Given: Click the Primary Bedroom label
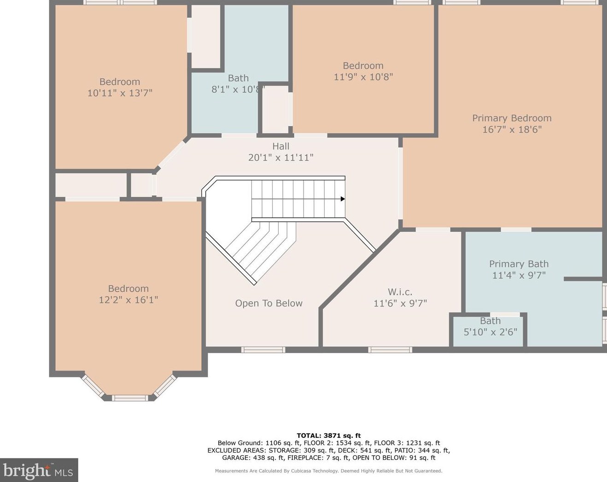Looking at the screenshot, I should click(x=512, y=118).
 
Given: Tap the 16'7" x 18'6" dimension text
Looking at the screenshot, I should click(x=512, y=129).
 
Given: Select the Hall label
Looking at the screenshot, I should click(x=280, y=146).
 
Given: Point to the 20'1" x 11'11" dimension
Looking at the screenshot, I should click(x=280, y=158).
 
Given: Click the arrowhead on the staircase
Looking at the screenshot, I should click(x=343, y=199).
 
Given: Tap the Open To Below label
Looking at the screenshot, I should click(x=268, y=303).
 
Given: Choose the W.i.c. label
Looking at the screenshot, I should click(x=400, y=292).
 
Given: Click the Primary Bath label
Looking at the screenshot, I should click(x=519, y=264).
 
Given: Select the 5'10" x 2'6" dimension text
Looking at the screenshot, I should click(x=490, y=332).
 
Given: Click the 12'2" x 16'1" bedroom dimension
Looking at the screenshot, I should click(x=128, y=300).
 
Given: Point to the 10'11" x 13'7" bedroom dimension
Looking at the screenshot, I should click(x=120, y=93).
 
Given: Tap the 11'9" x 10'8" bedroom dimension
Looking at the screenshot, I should click(x=363, y=77).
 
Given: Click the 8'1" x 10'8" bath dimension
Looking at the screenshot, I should click(x=238, y=89).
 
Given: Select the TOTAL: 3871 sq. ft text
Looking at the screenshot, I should click(x=328, y=435).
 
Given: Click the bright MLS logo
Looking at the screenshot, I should click(x=39, y=470).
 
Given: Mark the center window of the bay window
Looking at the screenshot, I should click(x=130, y=398).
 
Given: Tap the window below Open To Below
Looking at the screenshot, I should click(x=263, y=350).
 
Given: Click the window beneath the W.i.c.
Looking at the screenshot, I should click(x=390, y=350).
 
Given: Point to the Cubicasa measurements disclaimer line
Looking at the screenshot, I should click(x=328, y=471).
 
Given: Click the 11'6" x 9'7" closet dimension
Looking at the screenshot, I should click(x=400, y=303).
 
